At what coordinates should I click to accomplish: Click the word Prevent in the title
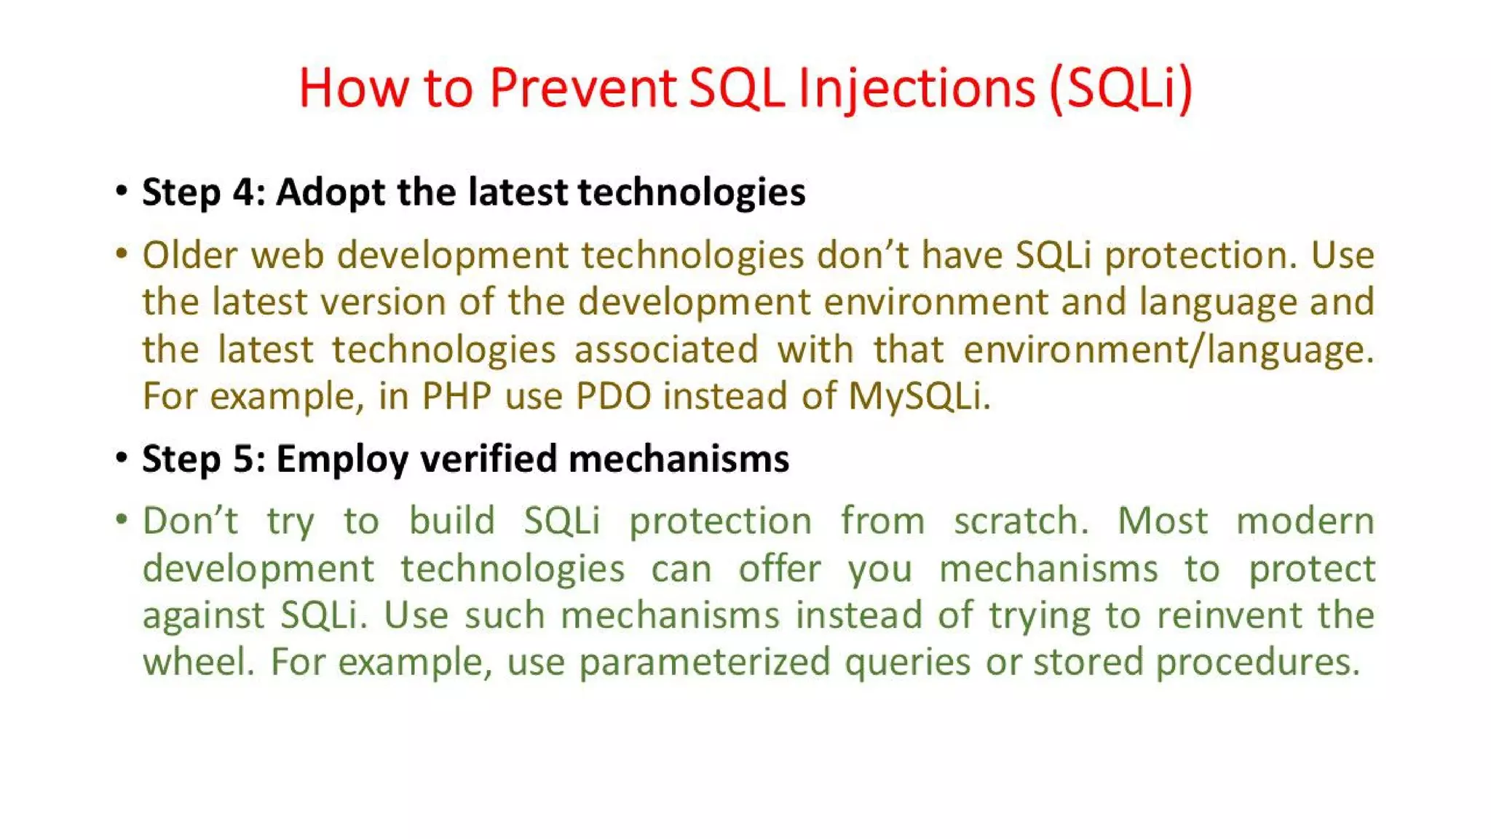pos(582,88)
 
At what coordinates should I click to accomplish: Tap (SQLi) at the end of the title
pos(1120,88)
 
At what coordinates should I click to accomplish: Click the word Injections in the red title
pos(917,88)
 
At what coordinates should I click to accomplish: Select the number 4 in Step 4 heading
pos(242,192)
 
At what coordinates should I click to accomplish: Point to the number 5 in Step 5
pos(242,459)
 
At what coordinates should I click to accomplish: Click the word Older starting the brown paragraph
pos(190,256)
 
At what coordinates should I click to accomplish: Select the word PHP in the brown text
pos(456,397)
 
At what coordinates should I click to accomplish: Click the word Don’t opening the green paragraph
pos(190,521)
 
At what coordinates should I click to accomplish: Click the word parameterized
pos(705,663)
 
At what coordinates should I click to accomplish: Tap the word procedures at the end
pos(1257,663)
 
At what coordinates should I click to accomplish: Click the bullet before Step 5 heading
pos(122,458)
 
